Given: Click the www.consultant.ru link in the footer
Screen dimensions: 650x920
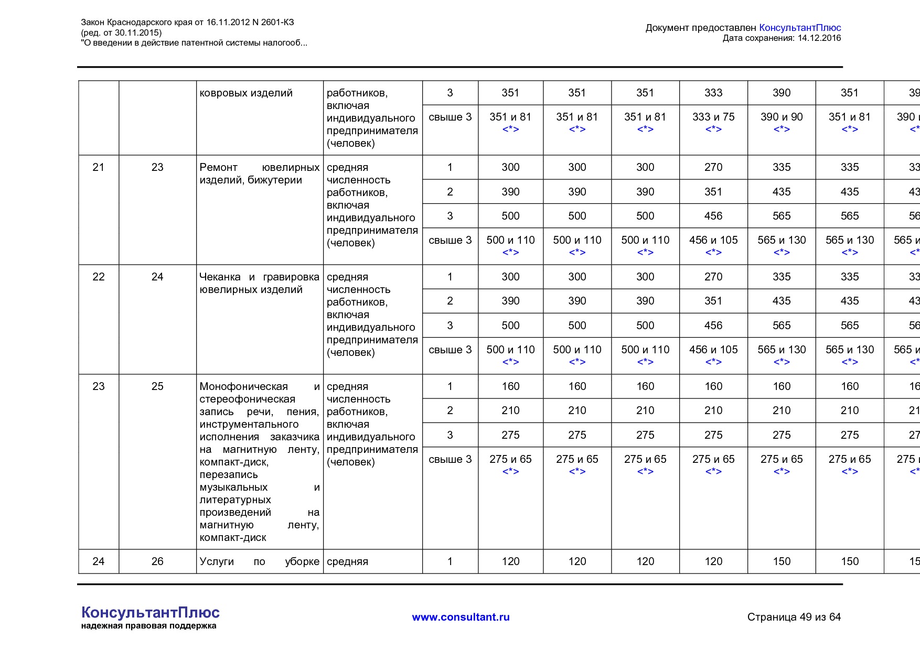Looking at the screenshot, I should click(461, 617).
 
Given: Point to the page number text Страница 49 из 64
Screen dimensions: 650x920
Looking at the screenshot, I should click(794, 617).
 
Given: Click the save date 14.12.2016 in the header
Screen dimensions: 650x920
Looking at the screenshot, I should click(819, 38).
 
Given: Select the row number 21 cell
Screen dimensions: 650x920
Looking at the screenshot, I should click(98, 167).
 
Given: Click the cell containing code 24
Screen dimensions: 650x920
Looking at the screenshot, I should click(157, 277).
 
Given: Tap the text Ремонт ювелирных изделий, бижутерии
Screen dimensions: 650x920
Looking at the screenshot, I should click(259, 174).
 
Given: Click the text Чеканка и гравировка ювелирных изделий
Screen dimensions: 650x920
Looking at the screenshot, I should click(259, 283).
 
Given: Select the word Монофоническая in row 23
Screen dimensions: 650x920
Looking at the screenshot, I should click(243, 386).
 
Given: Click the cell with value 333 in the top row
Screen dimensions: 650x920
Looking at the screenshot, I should click(713, 93).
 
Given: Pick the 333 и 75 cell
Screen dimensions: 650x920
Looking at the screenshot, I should click(713, 117).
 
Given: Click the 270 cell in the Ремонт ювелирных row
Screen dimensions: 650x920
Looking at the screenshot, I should click(713, 167).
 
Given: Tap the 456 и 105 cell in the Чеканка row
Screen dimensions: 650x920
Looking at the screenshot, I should click(713, 350).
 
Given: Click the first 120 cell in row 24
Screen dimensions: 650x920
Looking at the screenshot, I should click(510, 561).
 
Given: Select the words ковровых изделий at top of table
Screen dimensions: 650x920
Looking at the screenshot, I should click(246, 93).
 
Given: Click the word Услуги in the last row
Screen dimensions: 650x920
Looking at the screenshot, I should click(217, 561).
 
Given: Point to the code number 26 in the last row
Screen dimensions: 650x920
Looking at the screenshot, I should click(157, 561).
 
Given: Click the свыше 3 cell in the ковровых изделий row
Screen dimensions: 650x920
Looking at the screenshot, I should click(450, 117).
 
